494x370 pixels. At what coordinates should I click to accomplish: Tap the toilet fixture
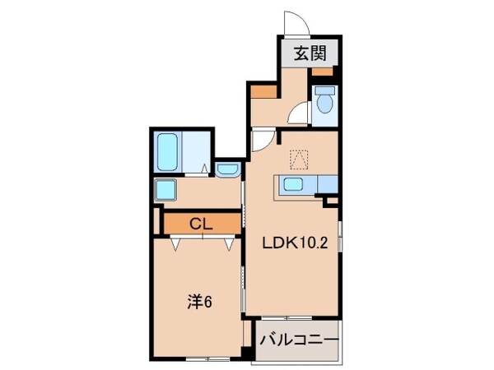[325, 102]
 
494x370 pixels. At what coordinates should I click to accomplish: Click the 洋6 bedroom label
[200, 302]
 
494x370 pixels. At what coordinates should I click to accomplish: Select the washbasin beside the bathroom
[226, 170]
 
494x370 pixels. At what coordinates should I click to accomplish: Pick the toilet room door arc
[304, 115]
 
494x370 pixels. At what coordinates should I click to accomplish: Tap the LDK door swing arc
[262, 141]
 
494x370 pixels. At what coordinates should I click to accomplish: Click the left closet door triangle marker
[177, 243]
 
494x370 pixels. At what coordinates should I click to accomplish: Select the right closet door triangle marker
[227, 243]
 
